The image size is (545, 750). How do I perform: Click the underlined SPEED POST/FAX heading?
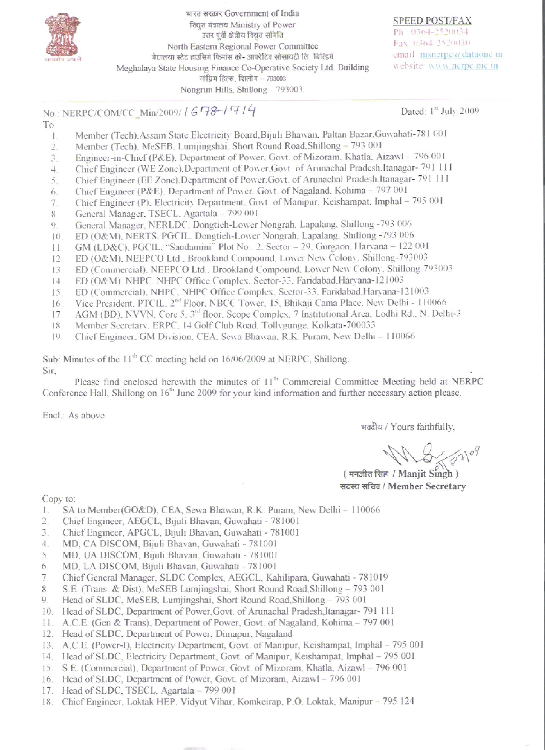[x=432, y=21]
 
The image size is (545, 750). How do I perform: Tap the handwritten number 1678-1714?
[x=220, y=111]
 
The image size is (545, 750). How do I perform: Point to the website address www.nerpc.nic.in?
[x=463, y=66]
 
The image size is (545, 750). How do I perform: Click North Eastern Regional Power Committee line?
[x=242, y=46]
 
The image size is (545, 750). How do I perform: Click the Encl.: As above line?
[x=73, y=415]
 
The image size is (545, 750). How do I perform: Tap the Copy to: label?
[x=58, y=499]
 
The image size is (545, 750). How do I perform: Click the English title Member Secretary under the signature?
[x=427, y=487]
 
